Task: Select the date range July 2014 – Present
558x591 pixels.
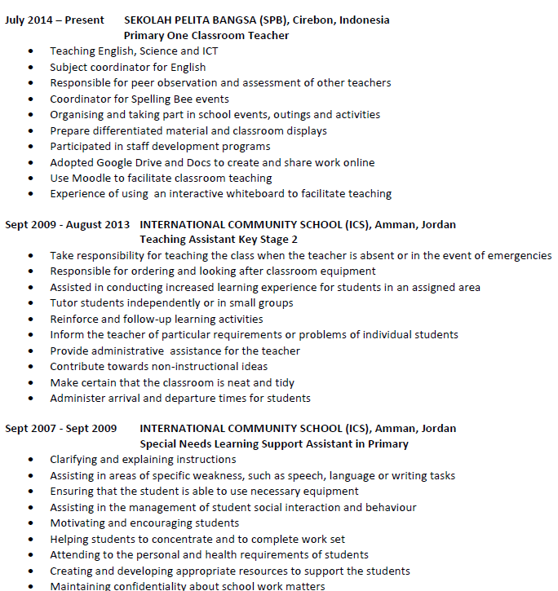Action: (x=55, y=20)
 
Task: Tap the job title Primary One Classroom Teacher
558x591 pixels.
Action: (x=206, y=35)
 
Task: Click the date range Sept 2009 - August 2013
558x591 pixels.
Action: (x=67, y=224)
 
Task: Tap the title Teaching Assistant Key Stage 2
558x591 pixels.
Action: (x=219, y=240)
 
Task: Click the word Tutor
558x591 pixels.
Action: (x=64, y=302)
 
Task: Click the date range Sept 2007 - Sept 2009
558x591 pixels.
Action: (x=61, y=428)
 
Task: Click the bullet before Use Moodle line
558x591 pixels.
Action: (x=31, y=178)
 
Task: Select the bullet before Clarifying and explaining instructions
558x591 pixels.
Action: (x=31, y=460)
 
